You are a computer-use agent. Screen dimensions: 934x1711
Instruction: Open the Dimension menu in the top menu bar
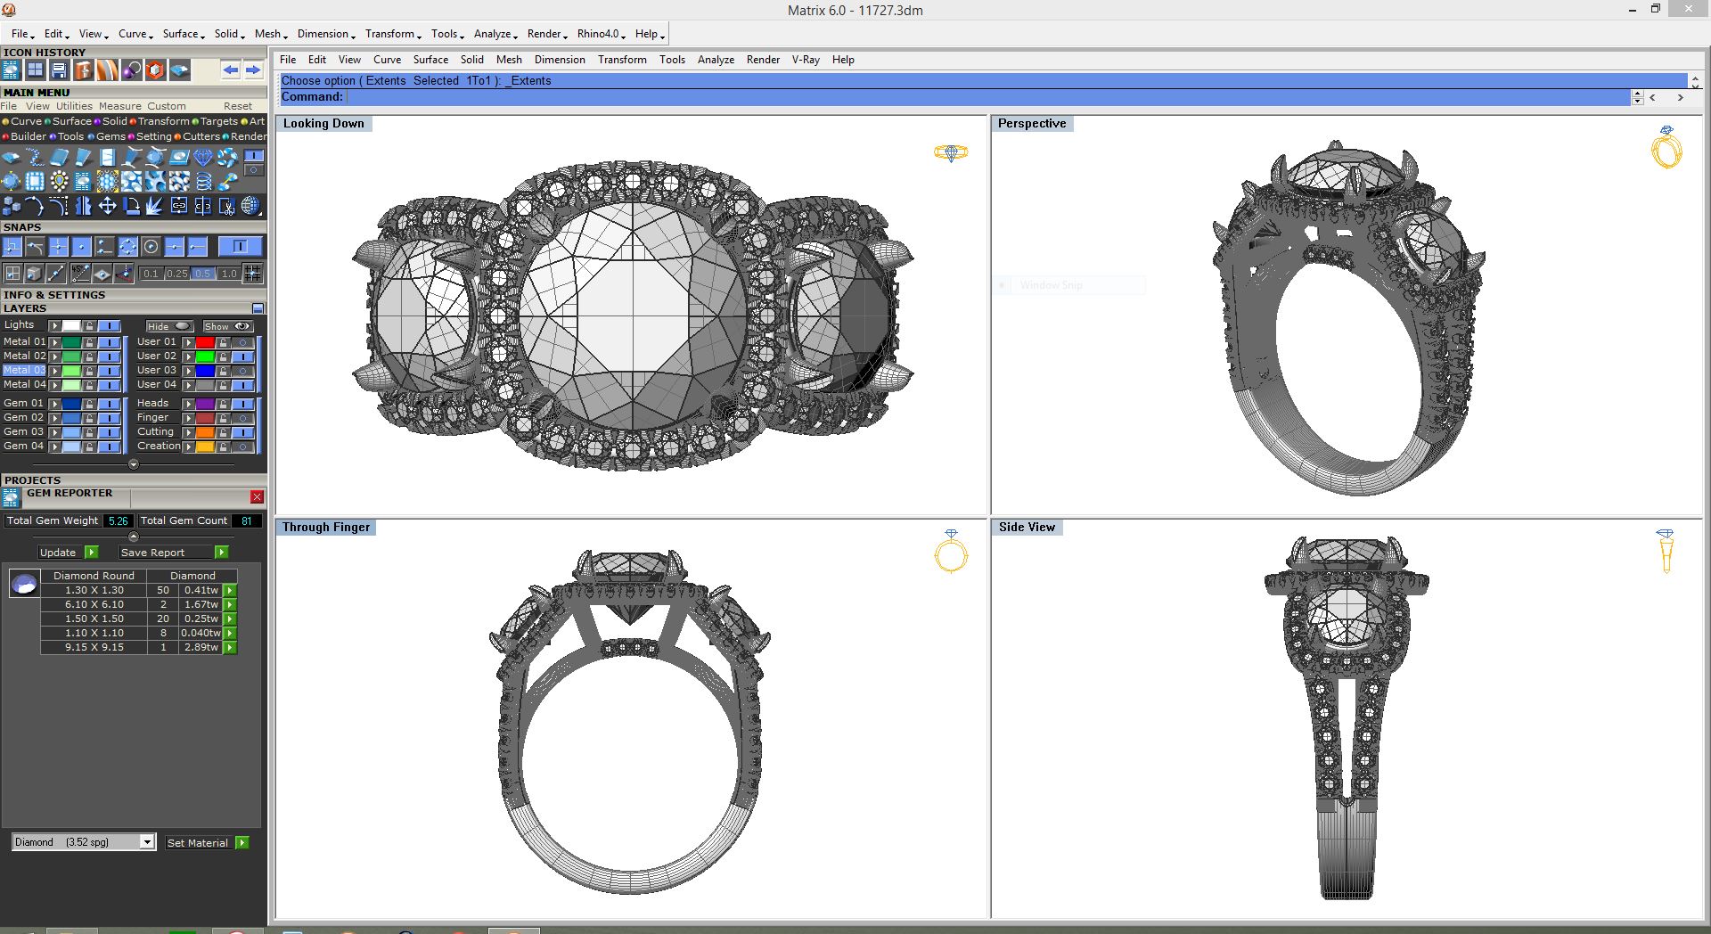[x=325, y=34]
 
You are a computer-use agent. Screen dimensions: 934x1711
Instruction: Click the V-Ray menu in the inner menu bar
[x=806, y=60]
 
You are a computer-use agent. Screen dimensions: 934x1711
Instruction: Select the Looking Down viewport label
[x=323, y=124]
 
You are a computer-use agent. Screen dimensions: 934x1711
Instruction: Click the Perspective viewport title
[x=1031, y=124]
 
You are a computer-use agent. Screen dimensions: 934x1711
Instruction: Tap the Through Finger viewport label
[x=325, y=528]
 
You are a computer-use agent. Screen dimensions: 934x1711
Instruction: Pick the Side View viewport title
[x=1027, y=528]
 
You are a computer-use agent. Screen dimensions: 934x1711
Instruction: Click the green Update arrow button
[x=91, y=553]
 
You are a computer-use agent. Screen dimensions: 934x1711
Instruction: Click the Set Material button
[x=198, y=843]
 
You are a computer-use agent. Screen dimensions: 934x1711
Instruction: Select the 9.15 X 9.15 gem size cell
[x=94, y=647]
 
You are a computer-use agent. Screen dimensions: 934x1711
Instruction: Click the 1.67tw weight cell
[x=201, y=604]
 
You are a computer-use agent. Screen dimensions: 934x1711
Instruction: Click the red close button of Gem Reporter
[x=257, y=497]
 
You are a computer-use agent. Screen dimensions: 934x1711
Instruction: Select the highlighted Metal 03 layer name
[x=24, y=370]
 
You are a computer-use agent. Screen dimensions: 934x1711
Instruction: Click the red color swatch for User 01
[x=205, y=342]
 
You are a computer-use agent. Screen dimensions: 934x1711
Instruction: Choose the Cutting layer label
[x=155, y=431]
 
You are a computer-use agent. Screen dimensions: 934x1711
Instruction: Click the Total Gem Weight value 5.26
[x=118, y=521]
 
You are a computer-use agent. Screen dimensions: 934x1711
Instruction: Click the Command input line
[x=980, y=97]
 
